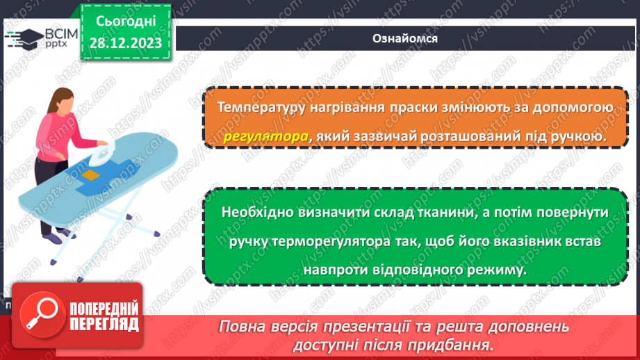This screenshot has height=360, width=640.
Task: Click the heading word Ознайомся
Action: point(404,38)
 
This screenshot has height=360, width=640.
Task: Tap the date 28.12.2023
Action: point(125,43)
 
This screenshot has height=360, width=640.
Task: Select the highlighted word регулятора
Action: point(266,137)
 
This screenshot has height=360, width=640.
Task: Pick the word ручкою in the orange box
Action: point(580,137)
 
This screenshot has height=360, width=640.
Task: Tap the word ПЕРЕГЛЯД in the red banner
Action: point(105,325)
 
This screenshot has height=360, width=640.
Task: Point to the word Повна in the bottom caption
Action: point(243,327)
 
